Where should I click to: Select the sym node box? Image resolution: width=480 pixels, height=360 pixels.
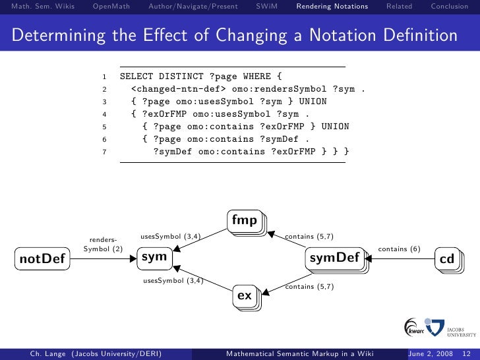coord(154,257)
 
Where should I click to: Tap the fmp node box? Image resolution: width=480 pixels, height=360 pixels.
coord(245,221)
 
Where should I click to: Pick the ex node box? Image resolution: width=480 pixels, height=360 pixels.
coord(245,295)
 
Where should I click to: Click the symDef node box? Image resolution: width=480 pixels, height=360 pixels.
coord(334,258)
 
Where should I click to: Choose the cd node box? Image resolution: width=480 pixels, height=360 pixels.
coord(447,259)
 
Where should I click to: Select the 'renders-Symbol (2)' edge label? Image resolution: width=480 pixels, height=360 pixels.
coord(104,244)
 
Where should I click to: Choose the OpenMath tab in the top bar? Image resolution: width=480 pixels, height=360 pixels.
coord(111,7)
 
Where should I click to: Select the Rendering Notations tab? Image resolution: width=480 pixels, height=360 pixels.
coord(332,7)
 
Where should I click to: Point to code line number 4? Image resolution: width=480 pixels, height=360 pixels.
coord(104,114)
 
